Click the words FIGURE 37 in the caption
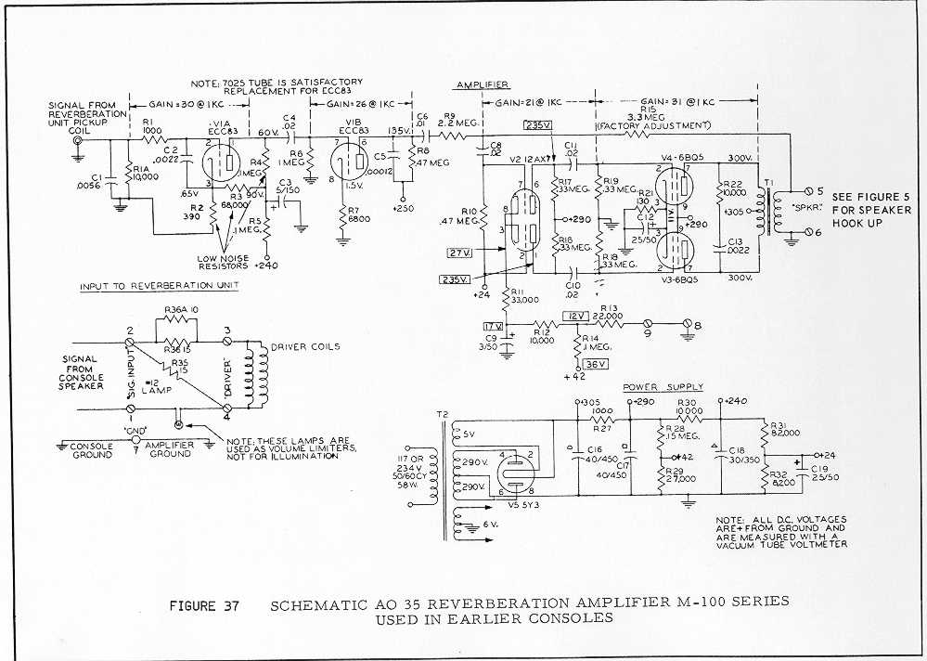coord(204,605)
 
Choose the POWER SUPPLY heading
coord(663,387)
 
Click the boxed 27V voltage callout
coord(459,252)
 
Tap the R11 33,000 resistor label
coord(524,296)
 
